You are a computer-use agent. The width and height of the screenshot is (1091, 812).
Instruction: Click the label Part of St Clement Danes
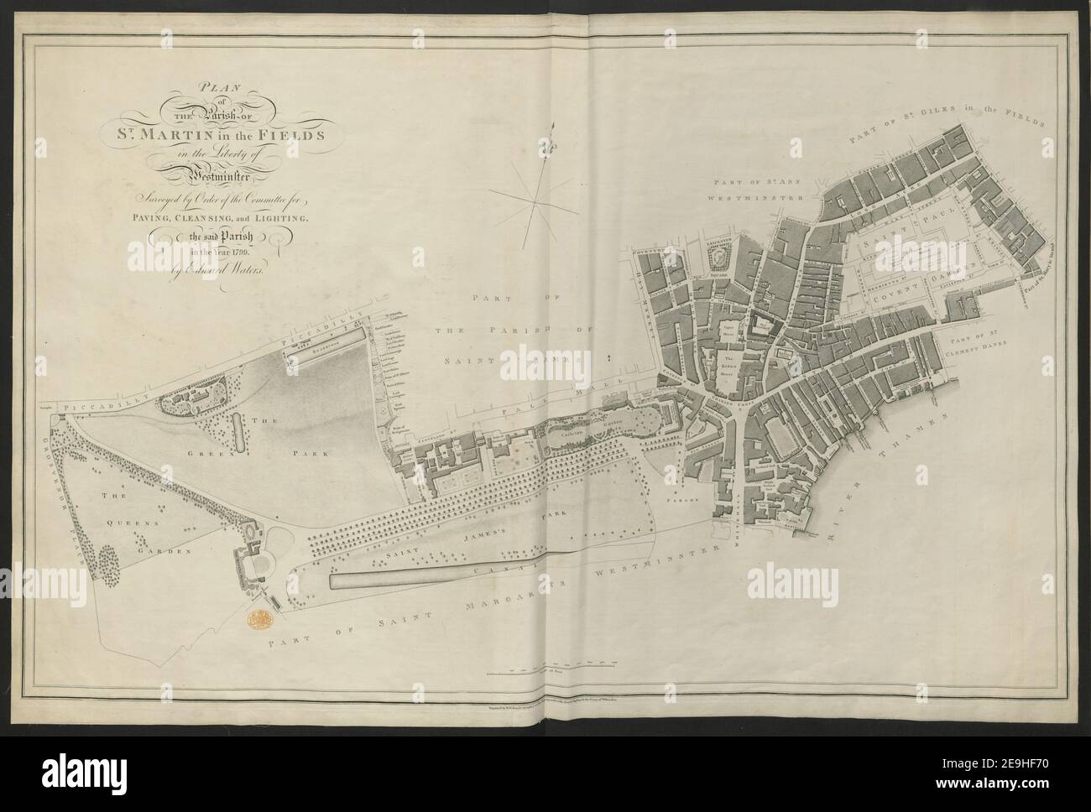pyautogui.click(x=990, y=347)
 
